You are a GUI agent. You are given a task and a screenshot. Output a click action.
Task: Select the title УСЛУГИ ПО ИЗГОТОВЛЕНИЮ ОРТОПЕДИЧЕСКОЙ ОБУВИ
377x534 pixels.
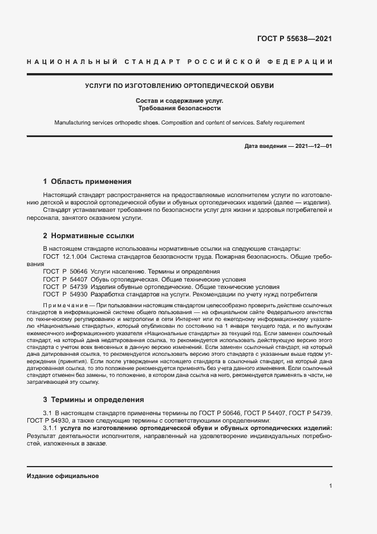(180, 86)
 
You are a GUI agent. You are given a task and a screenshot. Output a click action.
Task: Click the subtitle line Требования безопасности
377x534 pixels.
(180, 107)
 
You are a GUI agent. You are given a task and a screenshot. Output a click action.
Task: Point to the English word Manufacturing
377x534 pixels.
(75, 122)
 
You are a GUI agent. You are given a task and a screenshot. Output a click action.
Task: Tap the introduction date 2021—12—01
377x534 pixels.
(314, 146)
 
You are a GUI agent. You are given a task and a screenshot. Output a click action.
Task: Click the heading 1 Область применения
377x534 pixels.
(87, 182)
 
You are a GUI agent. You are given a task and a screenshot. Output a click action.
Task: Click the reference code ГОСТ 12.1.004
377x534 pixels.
(65, 256)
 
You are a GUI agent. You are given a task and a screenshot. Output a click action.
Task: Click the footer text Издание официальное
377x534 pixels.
(63, 475)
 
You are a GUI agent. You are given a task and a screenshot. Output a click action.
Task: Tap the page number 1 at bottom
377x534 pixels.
(330, 486)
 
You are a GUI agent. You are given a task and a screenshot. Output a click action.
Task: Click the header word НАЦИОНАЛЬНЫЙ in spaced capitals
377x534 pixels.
(72, 61)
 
